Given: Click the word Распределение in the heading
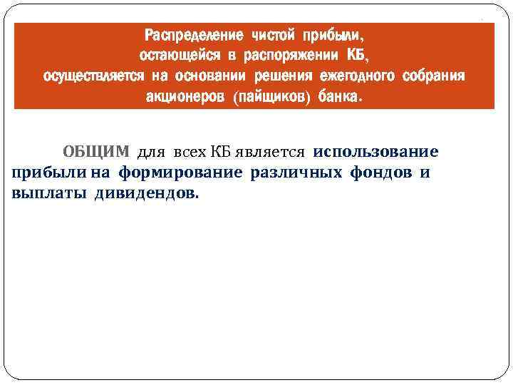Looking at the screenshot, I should point(190,35).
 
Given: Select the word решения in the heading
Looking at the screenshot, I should point(284,76).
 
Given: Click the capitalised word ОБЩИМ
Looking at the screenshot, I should point(97,152).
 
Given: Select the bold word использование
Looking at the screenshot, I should point(375,152).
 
